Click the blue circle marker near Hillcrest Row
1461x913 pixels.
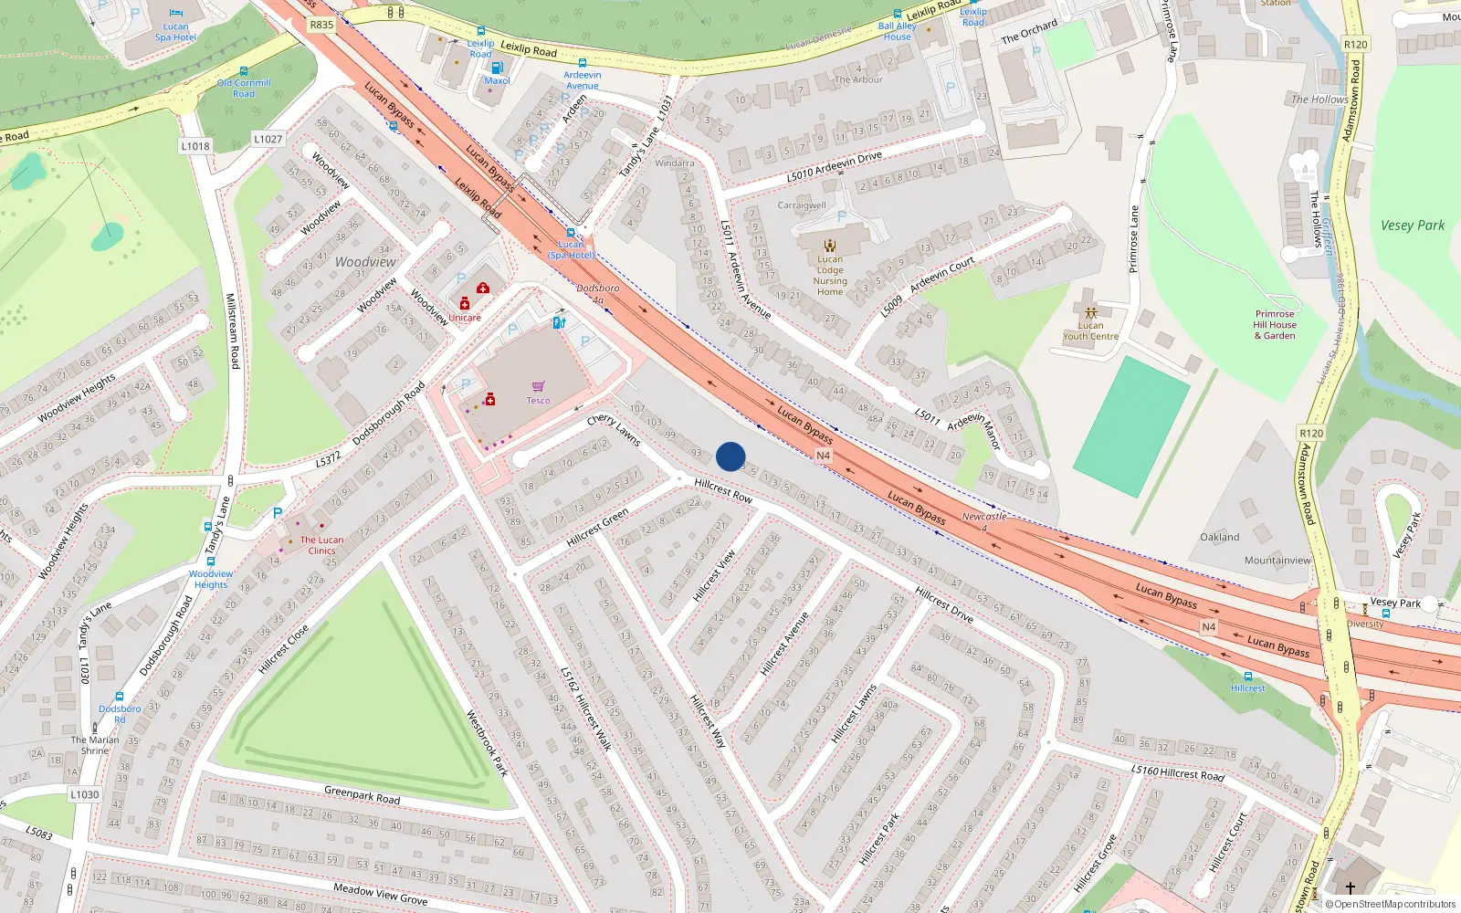point(730,456)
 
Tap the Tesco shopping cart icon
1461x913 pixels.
point(538,387)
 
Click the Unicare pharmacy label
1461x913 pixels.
point(465,318)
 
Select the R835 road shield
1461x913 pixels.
point(321,25)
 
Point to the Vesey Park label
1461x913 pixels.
point(1413,226)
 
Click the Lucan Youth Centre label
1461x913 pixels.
point(1090,331)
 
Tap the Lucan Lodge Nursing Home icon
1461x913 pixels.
point(830,246)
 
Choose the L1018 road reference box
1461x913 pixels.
point(195,146)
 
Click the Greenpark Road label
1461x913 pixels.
point(363,795)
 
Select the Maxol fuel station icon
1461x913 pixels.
point(497,68)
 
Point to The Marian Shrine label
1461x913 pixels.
point(95,745)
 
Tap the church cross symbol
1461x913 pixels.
point(1350,887)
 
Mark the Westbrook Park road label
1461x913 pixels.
point(488,743)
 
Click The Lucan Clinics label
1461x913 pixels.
point(321,545)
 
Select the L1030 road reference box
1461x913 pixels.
point(85,794)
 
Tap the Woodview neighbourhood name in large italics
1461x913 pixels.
point(365,262)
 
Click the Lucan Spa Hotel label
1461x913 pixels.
point(175,32)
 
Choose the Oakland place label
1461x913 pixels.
point(1220,537)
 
